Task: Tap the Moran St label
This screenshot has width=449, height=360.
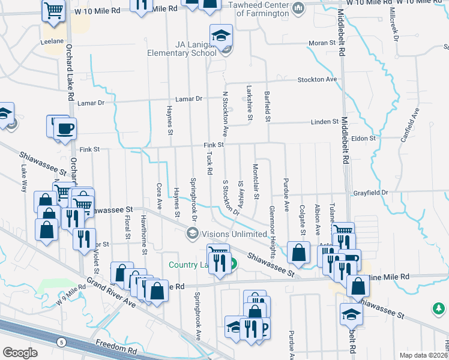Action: [322, 43]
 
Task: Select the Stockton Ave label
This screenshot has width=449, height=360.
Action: [318, 79]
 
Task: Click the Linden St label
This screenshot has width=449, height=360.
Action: [325, 122]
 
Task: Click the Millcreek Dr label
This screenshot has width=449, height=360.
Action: [394, 25]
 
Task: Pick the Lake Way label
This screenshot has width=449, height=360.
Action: [25, 178]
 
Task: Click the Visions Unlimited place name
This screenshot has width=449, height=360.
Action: [234, 234]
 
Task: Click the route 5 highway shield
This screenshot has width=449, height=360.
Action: [62, 342]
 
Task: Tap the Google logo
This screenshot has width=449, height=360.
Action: [20, 352]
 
